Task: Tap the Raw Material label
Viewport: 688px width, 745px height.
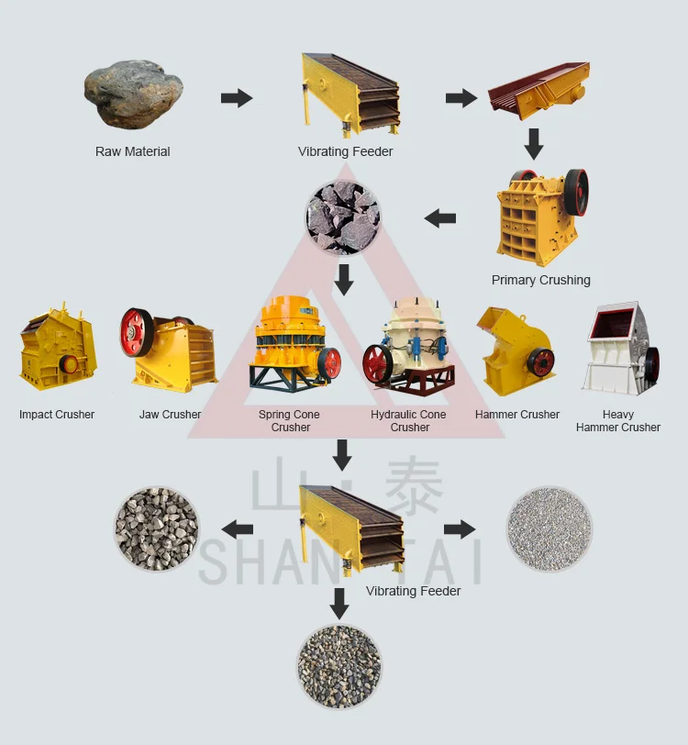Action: [133, 151]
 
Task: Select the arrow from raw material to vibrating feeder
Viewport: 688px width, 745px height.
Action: [237, 98]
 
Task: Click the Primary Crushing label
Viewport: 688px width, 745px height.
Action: [541, 280]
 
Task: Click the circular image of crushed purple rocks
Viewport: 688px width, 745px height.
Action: [343, 217]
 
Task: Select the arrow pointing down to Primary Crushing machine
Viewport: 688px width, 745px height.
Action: [534, 143]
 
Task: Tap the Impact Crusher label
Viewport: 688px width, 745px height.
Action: [57, 415]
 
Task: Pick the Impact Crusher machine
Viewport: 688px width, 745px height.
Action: [57, 349]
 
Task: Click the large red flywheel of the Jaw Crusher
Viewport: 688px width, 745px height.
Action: [137, 332]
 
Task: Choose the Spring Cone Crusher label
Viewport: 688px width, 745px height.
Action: [291, 421]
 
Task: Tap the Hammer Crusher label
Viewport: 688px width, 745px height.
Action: [517, 415]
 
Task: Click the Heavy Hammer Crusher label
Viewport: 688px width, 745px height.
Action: [618, 421]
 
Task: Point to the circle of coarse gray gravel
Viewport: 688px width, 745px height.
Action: [156, 529]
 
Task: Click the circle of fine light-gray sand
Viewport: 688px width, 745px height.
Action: [549, 529]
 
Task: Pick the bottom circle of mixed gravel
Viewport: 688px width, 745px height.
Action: [339, 666]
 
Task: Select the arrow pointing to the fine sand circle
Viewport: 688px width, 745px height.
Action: [460, 529]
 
